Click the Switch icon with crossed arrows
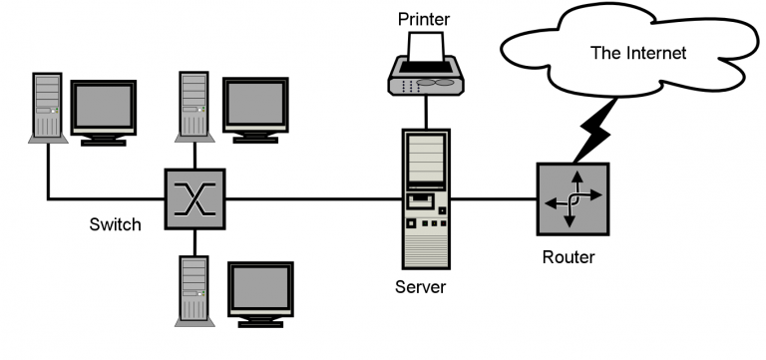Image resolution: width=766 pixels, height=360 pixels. (x=195, y=196)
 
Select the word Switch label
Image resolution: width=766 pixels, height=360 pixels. (x=114, y=224)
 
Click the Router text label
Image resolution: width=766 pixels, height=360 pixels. (x=568, y=257)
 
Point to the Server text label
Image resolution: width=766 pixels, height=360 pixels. (x=420, y=287)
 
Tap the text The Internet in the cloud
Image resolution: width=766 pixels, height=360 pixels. (x=637, y=54)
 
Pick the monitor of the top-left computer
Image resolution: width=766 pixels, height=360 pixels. (x=103, y=107)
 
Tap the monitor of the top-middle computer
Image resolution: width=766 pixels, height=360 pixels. (x=254, y=104)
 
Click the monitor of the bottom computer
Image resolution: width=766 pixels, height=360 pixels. (x=261, y=290)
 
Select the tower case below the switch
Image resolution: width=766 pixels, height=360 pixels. (x=193, y=289)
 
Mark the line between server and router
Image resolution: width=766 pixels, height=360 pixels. (x=495, y=197)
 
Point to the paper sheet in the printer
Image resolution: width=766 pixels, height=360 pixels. (x=428, y=46)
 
